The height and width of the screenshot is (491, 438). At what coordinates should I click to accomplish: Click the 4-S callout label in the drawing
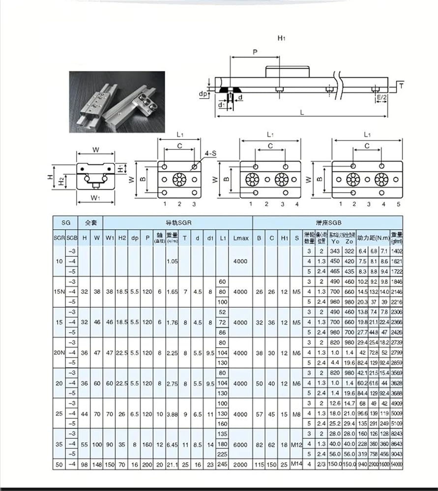tap(210, 154)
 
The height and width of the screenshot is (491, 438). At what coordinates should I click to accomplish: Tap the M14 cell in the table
tap(296, 464)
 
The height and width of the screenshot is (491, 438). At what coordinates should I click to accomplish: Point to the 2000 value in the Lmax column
tap(240, 464)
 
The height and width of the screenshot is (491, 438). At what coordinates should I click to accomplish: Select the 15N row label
tap(59, 292)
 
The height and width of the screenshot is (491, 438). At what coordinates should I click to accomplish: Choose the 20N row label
tap(59, 353)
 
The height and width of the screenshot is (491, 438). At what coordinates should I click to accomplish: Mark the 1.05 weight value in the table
tap(172, 261)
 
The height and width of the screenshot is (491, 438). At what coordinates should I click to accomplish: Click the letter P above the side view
tap(255, 52)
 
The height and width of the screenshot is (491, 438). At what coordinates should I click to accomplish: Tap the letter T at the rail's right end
tap(401, 86)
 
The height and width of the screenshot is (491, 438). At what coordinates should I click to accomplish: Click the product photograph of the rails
tap(117, 102)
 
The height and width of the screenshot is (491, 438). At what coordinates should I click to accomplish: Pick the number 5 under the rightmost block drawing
tap(399, 204)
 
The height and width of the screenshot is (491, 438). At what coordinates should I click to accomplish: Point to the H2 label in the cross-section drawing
tap(60, 182)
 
